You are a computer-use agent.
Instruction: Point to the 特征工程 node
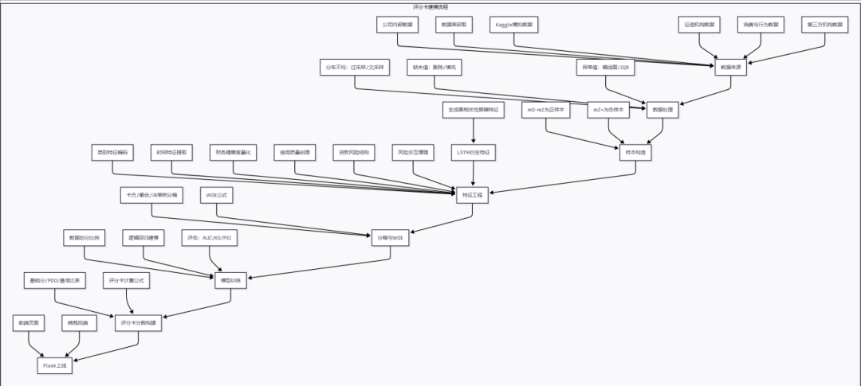click(473, 195)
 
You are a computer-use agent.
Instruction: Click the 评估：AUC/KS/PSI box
click(210, 237)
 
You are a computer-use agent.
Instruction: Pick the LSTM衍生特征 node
click(474, 151)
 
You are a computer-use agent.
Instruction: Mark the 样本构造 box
click(635, 152)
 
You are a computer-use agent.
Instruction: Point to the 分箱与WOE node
click(391, 237)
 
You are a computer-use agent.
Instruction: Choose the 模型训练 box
click(230, 279)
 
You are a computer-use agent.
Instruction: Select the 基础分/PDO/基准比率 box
click(54, 280)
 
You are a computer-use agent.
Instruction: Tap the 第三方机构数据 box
click(825, 25)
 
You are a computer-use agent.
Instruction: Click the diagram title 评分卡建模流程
click(431, 6)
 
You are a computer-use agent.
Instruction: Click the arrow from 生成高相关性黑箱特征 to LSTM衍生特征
click(474, 131)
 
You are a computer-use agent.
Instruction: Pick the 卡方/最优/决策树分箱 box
click(151, 194)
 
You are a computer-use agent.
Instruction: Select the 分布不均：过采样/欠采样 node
click(355, 68)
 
